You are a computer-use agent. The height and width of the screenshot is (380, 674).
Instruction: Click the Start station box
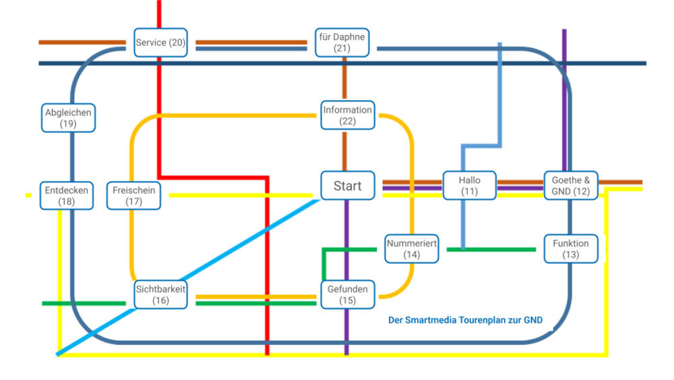[347, 186]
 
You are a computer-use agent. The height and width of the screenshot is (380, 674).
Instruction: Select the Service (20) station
[160, 43]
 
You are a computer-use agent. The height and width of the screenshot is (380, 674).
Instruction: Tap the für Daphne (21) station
[342, 43]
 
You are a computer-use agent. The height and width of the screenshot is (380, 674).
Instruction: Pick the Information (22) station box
[347, 115]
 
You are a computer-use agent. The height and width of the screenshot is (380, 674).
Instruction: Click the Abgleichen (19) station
[68, 118]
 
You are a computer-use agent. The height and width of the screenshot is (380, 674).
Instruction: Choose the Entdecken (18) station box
[67, 196]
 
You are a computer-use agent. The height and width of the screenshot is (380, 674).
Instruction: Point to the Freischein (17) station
[133, 196]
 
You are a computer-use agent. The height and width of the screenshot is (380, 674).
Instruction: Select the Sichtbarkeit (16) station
[160, 294]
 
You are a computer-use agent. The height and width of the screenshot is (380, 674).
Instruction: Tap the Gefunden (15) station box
[347, 294]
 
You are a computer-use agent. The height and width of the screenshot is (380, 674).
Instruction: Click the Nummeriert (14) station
[412, 249]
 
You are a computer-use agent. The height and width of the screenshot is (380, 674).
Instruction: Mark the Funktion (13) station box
[570, 249]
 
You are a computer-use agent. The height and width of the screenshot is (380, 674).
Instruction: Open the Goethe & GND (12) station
[570, 186]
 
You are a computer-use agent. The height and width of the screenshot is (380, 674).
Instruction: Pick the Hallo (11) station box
[469, 186]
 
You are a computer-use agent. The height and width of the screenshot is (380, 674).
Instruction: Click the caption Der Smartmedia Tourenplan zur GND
[465, 321]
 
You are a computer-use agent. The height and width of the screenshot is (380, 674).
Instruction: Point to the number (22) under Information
[347, 121]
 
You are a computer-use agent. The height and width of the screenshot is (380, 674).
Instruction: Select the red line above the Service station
[160, 13]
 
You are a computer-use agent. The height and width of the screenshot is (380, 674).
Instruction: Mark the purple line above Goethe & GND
[564, 101]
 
